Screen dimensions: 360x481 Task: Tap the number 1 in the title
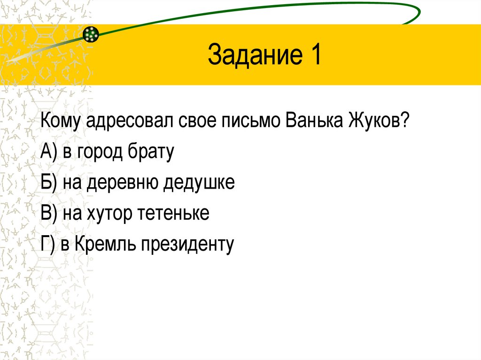[x=315, y=55]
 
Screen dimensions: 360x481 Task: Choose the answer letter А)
[x=49, y=153]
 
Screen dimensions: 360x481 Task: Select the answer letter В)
[x=49, y=214]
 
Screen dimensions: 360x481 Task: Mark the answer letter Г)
[x=48, y=244]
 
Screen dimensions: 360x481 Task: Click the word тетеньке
[x=174, y=214]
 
